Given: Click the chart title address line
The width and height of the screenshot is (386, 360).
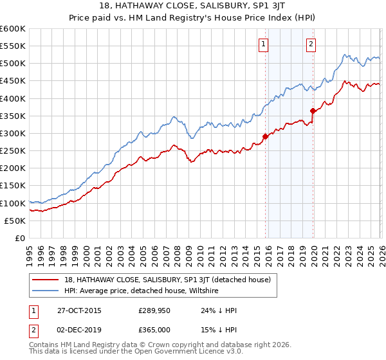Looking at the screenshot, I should pyautogui.click(x=192, y=5).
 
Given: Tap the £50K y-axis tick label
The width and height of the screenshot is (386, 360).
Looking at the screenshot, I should pyautogui.click(x=15, y=221).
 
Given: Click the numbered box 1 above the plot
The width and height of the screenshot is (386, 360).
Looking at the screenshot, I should pyautogui.click(x=264, y=44).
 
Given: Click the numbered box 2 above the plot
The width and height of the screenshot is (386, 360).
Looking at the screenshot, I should pyautogui.click(x=311, y=44).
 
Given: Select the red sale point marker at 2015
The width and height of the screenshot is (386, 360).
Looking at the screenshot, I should pyautogui.click(x=265, y=136).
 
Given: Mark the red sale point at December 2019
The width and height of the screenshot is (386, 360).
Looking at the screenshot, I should pyautogui.click(x=313, y=111).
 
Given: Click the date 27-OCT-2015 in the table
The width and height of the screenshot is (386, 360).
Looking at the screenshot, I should pyautogui.click(x=78, y=310).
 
